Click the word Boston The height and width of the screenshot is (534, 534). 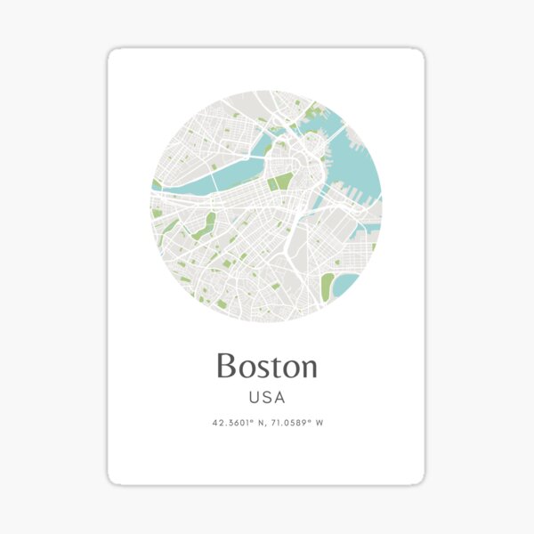click(x=266, y=366)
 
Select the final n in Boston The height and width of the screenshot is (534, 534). click(x=307, y=368)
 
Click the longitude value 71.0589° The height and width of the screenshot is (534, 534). click(x=287, y=424)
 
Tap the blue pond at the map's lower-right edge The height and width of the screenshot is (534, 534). click(x=348, y=283)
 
